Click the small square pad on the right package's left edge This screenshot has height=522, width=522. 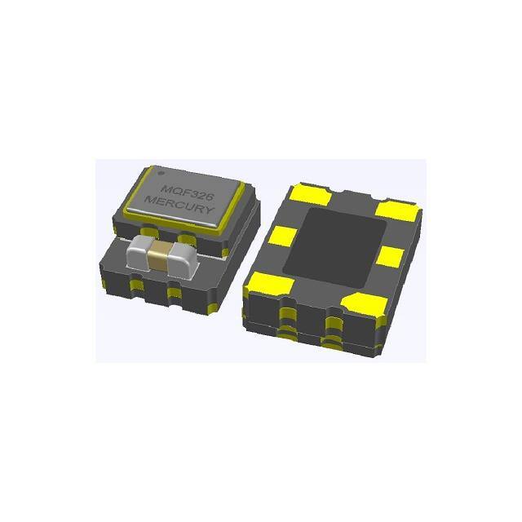[x=281, y=237]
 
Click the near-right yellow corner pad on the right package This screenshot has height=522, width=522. [x=361, y=303]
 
